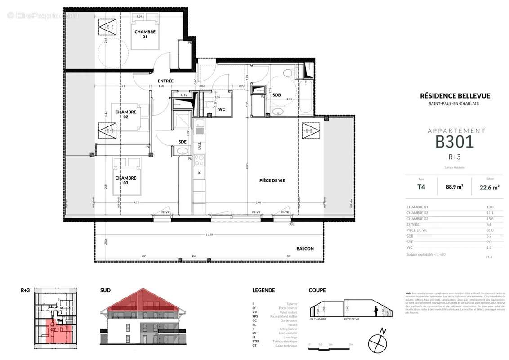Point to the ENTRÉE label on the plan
(x=165, y=81)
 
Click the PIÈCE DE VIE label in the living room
(x=272, y=180)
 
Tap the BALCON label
(x=305, y=249)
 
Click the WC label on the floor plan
(x=221, y=109)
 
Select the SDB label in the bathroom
(x=277, y=95)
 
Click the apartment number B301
(x=455, y=142)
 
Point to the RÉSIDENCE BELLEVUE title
(x=455, y=96)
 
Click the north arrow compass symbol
(x=377, y=343)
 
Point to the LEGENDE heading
(x=263, y=290)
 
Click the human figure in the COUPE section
(x=376, y=311)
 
